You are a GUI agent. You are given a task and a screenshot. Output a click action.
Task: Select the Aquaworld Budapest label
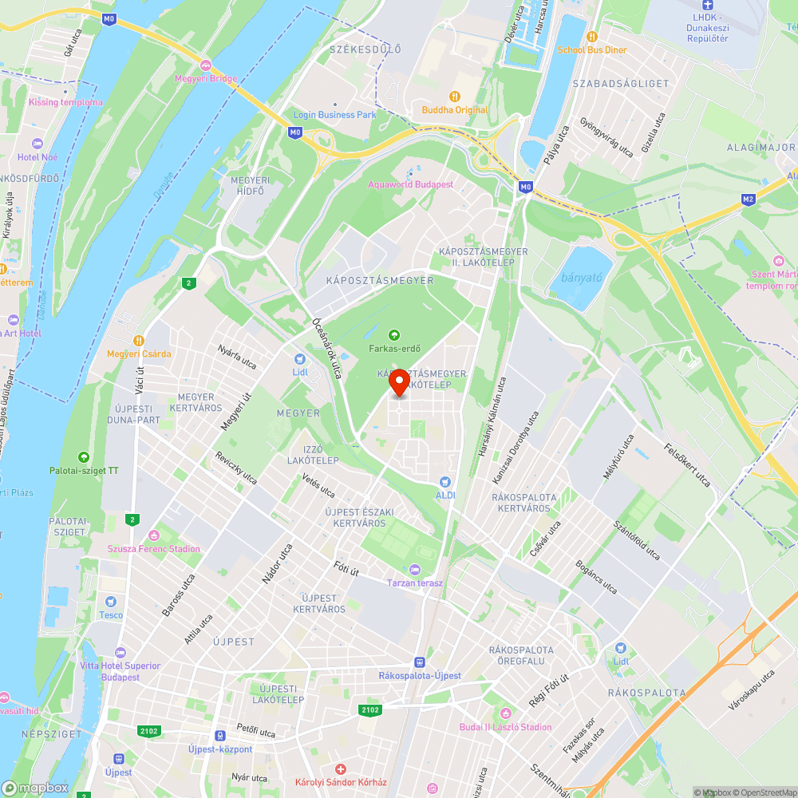(x=410, y=184)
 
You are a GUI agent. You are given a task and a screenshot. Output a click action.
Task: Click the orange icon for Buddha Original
(x=455, y=97)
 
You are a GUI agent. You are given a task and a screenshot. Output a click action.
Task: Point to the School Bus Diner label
(x=592, y=49)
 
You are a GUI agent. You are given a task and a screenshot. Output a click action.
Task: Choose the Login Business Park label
(x=334, y=115)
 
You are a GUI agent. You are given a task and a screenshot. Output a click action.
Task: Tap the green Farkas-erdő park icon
(x=393, y=334)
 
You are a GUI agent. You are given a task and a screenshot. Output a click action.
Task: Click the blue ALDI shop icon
(x=445, y=482)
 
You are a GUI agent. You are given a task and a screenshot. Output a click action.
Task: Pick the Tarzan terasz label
(x=414, y=583)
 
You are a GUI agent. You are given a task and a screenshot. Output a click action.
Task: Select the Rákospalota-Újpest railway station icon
(x=419, y=662)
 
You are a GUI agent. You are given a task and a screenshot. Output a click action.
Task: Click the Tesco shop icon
(x=111, y=602)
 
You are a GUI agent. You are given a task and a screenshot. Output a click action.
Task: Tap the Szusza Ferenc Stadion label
(x=154, y=548)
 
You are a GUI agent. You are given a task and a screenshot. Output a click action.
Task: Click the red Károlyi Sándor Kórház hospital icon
(x=341, y=769)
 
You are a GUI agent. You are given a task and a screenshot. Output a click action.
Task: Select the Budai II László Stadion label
(x=505, y=727)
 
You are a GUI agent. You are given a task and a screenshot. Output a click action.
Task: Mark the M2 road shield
(x=748, y=199)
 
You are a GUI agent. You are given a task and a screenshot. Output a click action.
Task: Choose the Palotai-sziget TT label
(x=84, y=471)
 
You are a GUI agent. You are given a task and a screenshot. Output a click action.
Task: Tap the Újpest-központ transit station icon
(x=219, y=736)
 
